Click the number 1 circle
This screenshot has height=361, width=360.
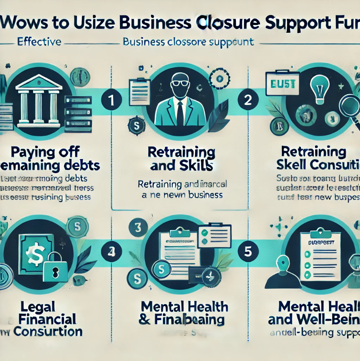coord(111,101)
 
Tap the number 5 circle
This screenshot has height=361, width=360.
coord(248,252)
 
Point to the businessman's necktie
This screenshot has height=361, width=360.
coord(180,113)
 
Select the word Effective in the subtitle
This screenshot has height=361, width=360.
coord(39,42)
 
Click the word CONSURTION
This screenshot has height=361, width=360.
coord(48,331)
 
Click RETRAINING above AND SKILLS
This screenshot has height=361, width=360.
coord(182,152)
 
